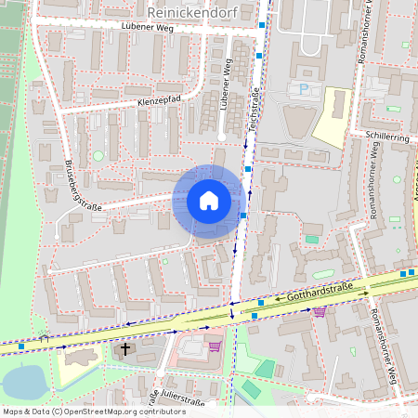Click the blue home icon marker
click(x=209, y=200)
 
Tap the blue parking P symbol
click(x=303, y=89)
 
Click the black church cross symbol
click(x=125, y=350)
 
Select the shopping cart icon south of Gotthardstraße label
click(x=320, y=311)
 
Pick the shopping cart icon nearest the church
click(x=215, y=346)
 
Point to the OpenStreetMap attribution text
click(x=93, y=411)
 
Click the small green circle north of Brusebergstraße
click(x=98, y=155)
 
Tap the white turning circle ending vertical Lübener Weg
click(x=220, y=138)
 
